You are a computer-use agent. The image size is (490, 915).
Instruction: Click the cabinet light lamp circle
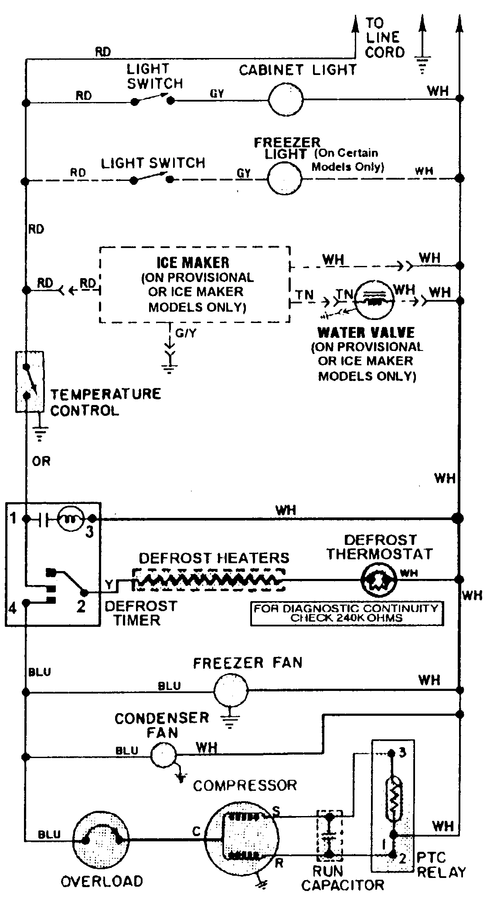(x=286, y=100)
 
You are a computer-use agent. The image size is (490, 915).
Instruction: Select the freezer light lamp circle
(x=284, y=178)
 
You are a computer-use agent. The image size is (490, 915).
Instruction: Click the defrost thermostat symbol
(x=378, y=580)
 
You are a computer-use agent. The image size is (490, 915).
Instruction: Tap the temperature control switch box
(x=30, y=381)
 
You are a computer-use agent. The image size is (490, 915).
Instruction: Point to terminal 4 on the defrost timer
(x=13, y=607)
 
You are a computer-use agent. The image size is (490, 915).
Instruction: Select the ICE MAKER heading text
(x=193, y=262)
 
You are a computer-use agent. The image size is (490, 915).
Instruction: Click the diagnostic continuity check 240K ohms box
(x=347, y=613)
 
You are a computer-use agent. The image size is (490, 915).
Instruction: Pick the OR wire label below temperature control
(x=41, y=461)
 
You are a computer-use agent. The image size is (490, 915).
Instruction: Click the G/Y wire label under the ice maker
(x=186, y=333)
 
